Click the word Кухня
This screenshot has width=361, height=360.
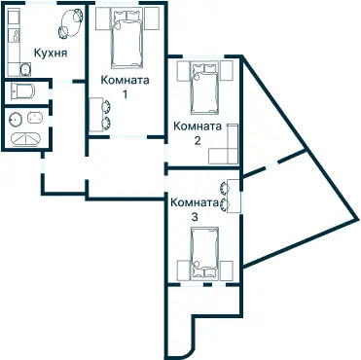[50, 54]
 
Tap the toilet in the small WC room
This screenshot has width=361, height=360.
[21, 92]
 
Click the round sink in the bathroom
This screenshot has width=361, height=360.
[16, 120]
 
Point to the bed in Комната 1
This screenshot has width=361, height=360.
[126, 37]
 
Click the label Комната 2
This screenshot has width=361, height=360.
[197, 131]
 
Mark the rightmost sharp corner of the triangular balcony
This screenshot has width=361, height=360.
[355, 217]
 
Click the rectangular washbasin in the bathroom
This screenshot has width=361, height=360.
[36, 119]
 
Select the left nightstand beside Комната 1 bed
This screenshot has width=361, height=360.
[102, 18]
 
